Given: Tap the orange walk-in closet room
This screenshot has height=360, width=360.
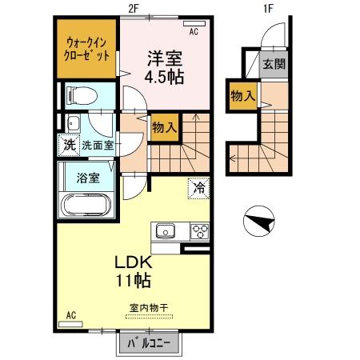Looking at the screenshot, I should coord(86,49).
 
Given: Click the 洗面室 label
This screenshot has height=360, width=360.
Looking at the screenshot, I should coord(98,146).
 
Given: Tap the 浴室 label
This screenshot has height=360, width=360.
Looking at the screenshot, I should coord(89,178).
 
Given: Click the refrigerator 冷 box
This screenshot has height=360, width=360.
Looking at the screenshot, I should coord(197,189).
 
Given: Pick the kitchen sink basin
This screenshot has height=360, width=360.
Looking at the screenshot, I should coord(166,232).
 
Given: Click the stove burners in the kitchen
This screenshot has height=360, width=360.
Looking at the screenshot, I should coord(198,232).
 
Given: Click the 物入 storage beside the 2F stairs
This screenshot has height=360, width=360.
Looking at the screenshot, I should coord(165,127).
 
